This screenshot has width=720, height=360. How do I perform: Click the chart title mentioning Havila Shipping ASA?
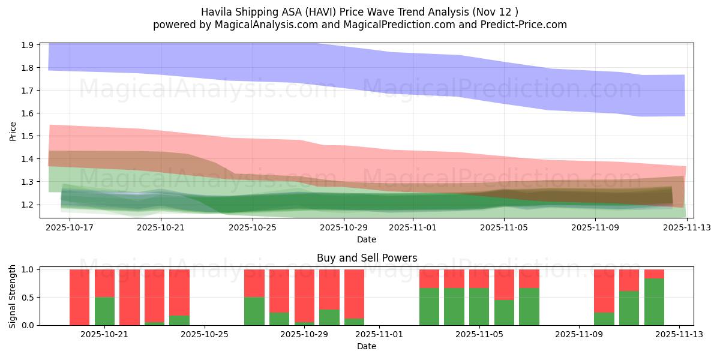[x=359, y=11]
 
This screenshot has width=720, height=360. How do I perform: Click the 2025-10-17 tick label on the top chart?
[x=70, y=228]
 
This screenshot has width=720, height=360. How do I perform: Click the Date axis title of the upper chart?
[x=366, y=239]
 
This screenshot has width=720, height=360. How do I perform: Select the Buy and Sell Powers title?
[x=366, y=259]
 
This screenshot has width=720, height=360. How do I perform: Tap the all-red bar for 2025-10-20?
[x=79, y=297]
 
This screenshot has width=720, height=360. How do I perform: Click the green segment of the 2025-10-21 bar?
[x=104, y=311]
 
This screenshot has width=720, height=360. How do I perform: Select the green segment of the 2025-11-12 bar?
[x=654, y=302]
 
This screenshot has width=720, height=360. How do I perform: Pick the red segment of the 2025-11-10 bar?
[x=604, y=291]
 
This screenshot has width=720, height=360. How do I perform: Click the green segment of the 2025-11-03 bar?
[x=429, y=307]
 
